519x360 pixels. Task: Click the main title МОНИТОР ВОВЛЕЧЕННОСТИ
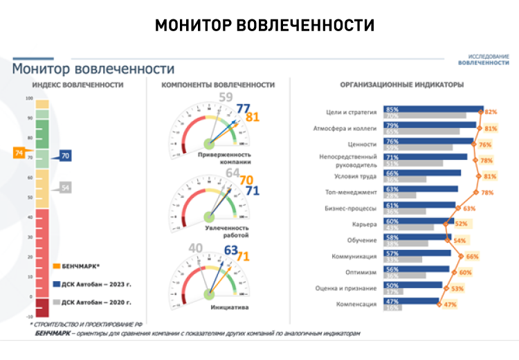pos(264,25)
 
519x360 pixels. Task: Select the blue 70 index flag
pos(65,156)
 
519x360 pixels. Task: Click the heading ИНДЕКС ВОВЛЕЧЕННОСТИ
pos(78,85)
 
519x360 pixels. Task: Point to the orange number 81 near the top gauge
pos(253,117)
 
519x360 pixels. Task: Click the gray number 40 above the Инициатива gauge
pos(196,248)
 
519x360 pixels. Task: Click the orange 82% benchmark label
pos(492,111)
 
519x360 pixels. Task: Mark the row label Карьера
pos(366,224)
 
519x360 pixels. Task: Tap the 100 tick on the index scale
pos(29,98)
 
